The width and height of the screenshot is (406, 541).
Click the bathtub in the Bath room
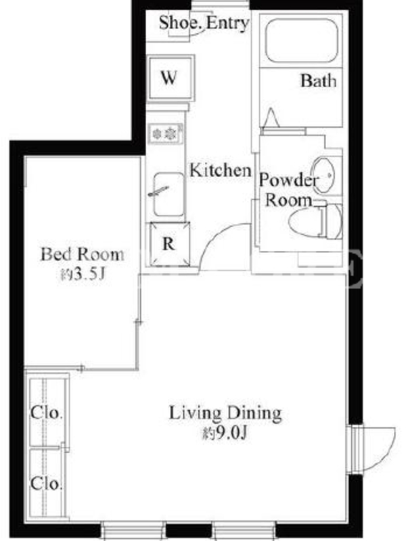pos(301,40)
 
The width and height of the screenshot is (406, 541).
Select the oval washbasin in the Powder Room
pos(323,175)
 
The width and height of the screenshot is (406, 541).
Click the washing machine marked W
pos(170,78)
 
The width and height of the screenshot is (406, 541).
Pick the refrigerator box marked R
pos(170,244)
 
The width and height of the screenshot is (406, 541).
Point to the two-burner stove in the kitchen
pos(165,133)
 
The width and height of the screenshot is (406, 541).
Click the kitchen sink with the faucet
pos(168,195)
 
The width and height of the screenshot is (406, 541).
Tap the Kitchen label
pos(221,170)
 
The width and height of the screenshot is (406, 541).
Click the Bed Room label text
pos(82,255)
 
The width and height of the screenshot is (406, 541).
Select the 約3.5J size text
pos(82,275)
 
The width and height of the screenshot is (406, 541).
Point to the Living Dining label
pos(225,413)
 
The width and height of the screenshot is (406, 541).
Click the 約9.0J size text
pos(225,433)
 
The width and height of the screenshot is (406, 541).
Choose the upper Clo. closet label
pos(47,413)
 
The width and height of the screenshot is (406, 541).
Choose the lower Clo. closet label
pos(47,484)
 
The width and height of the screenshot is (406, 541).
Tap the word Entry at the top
pos(227,24)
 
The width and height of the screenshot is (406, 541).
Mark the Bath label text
pos(318,80)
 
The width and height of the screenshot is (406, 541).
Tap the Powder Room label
pos(288,190)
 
